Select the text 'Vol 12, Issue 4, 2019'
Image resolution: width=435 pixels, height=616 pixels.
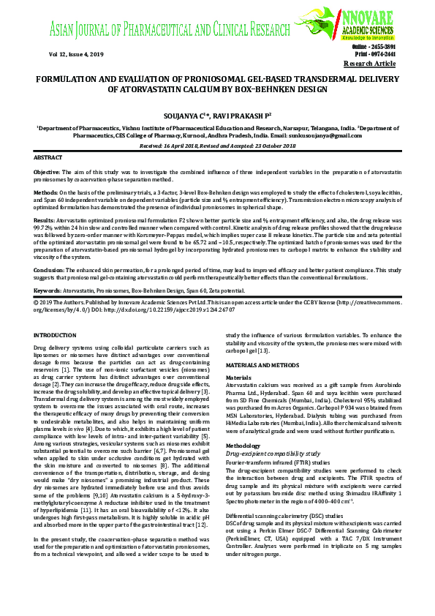click(x=76, y=54)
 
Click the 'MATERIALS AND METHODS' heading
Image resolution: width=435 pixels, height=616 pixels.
click(x=262, y=364)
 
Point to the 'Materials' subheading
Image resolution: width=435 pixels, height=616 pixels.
click(x=239, y=378)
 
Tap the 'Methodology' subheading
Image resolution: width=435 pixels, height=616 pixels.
click(x=243, y=445)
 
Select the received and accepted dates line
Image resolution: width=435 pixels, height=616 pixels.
click(x=217, y=146)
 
